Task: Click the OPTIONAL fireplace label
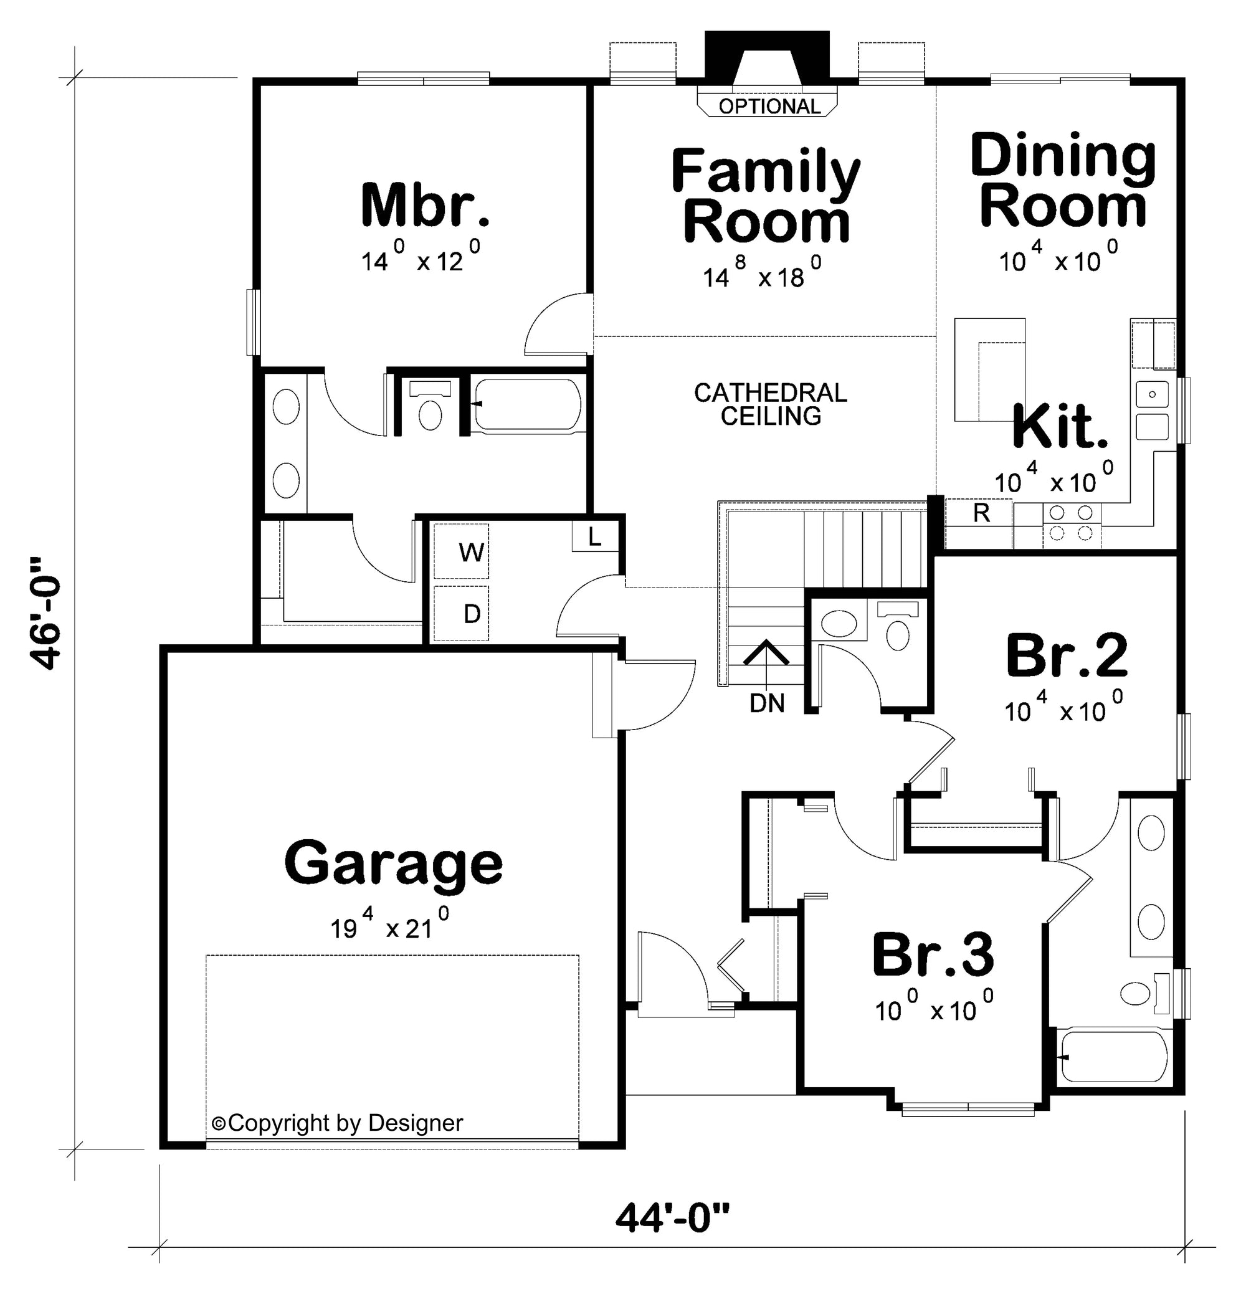click(769, 107)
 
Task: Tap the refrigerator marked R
click(981, 513)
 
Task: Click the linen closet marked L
click(594, 538)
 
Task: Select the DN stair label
click(767, 704)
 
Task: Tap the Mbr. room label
click(426, 206)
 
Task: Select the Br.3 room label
click(933, 954)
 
